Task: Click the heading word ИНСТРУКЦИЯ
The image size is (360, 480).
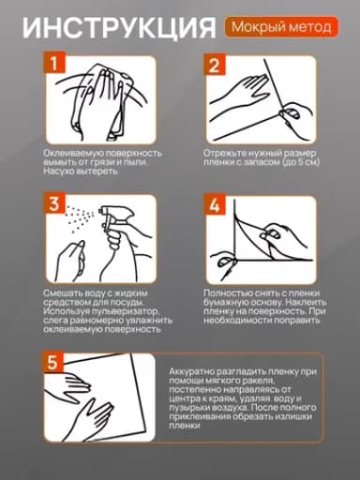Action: pos(119,28)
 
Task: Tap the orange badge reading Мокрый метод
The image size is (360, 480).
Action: pos(281,27)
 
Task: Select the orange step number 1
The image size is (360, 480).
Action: pos(54,63)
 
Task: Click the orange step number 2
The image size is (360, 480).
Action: pos(215,65)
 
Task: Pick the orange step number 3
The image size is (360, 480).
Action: pos(54,203)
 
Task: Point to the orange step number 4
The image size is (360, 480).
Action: pos(215,205)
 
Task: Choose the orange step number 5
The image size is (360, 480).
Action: pos(52,362)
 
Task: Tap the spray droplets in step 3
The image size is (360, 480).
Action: pos(79,217)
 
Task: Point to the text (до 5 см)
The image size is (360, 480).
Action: pos(301,162)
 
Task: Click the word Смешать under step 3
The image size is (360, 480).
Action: pos(64,293)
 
